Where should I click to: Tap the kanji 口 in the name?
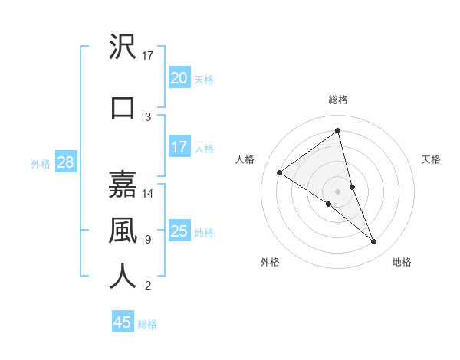(x=123, y=106)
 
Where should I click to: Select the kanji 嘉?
(x=123, y=185)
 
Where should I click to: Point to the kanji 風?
(x=123, y=231)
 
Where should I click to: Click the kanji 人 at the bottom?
(x=123, y=277)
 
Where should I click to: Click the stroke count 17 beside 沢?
(x=148, y=55)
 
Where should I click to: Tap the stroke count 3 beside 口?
(x=148, y=117)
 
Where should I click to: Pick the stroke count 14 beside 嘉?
(x=148, y=194)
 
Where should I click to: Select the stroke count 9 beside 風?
(x=148, y=240)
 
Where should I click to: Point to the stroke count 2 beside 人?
(x=148, y=286)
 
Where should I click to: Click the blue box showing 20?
(x=179, y=78)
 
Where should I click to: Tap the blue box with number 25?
(x=179, y=231)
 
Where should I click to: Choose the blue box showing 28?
(x=64, y=163)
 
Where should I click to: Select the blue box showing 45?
(x=122, y=322)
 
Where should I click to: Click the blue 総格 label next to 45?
(x=147, y=324)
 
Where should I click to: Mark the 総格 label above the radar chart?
(x=338, y=100)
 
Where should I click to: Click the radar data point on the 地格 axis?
(x=374, y=242)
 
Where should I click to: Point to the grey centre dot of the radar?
(x=337, y=191)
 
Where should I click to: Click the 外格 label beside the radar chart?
(x=270, y=262)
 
